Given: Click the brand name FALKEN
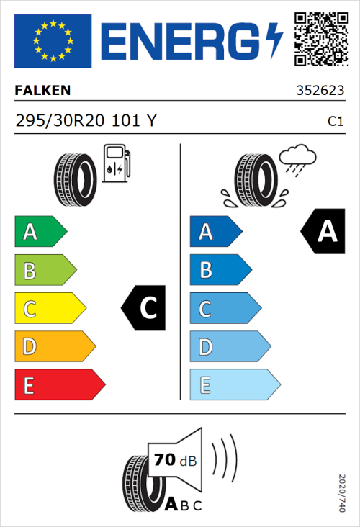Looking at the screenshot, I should (42, 91).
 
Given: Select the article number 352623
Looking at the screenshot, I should (320, 91).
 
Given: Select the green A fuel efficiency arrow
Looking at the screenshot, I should (40, 232).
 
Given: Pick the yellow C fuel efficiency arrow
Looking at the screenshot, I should (49, 309).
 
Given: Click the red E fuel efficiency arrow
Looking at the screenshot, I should (59, 385).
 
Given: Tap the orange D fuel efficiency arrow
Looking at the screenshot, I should (54, 347).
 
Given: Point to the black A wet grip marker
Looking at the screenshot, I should (323, 232).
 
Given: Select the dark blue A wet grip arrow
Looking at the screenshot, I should (215, 232).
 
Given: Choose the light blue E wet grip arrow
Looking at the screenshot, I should (234, 385).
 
